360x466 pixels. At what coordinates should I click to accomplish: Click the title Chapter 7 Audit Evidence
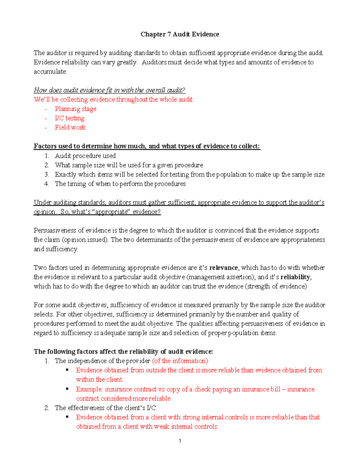(x=180, y=35)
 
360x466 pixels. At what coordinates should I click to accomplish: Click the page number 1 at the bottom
(x=180, y=441)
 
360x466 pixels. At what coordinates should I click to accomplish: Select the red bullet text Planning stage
(x=76, y=109)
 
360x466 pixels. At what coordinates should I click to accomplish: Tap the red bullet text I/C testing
(x=70, y=118)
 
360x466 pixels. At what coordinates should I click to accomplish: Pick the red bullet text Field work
(x=70, y=128)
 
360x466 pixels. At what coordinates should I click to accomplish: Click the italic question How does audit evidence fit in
(x=109, y=90)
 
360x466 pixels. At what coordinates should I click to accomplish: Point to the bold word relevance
(x=223, y=268)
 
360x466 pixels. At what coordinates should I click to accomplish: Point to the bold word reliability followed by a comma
(x=295, y=277)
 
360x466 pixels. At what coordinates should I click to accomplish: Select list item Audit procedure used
(x=85, y=156)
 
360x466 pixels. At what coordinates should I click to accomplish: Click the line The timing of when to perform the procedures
(x=120, y=184)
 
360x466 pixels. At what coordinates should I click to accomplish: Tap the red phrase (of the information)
(x=180, y=361)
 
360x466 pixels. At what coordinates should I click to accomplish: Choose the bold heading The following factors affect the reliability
(x=123, y=351)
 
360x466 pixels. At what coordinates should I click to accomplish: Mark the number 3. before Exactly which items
(x=46, y=174)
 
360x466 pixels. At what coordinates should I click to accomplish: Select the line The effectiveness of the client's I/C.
(x=106, y=408)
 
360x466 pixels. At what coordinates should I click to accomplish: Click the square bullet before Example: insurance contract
(x=67, y=389)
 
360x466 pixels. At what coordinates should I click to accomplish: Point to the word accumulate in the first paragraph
(x=50, y=72)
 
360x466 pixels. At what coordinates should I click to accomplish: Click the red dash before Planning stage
(x=46, y=109)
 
